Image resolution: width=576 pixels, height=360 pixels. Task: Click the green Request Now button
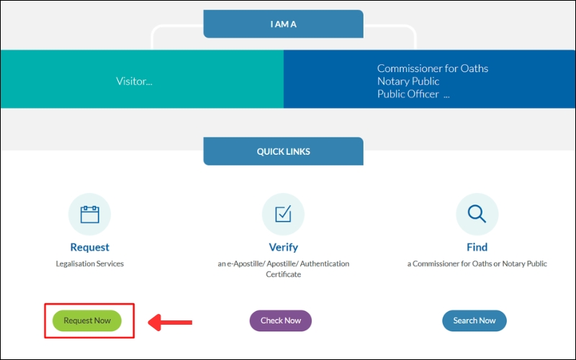87,320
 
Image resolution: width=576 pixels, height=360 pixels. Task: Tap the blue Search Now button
474,320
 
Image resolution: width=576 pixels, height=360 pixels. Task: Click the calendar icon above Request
89,214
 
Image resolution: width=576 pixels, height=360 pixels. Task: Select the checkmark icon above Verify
283,214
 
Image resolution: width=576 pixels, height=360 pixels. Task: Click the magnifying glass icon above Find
477,214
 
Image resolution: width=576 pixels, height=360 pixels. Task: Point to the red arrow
170,321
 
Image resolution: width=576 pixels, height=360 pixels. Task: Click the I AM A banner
283,24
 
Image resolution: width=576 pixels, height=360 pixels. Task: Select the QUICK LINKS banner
283,152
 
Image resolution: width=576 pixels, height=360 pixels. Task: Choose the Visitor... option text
134,81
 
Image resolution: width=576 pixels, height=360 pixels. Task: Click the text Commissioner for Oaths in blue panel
432,68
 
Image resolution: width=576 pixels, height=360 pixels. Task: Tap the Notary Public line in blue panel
408,81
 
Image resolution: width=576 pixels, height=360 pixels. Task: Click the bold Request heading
89,248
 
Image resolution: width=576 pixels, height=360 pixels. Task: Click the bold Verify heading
283,248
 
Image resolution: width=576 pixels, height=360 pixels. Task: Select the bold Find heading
477,248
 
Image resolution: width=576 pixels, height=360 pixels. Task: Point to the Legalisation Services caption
89,264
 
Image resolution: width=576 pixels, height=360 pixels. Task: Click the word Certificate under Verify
283,274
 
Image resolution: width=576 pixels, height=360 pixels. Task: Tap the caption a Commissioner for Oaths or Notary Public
477,264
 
